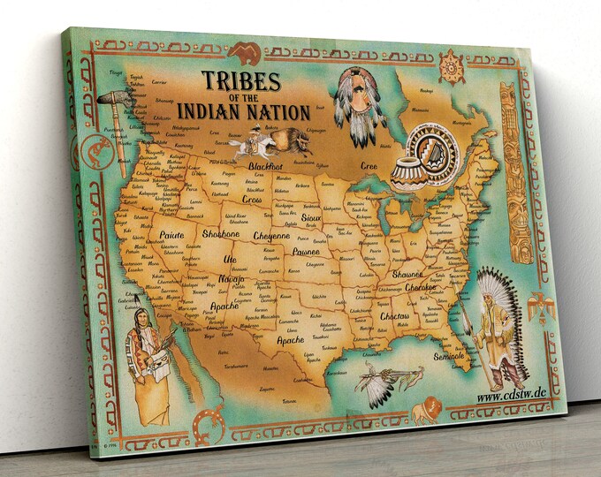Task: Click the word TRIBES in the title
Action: pyautogui.click(x=241, y=82)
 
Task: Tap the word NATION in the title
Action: pyautogui.click(x=280, y=113)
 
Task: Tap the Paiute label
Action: pyautogui.click(x=171, y=236)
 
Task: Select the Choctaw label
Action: pyautogui.click(x=394, y=316)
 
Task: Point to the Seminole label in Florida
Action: pyautogui.click(x=450, y=356)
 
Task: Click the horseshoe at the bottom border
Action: pyautogui.click(x=209, y=426)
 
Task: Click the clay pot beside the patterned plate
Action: pyautogui.click(x=407, y=173)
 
